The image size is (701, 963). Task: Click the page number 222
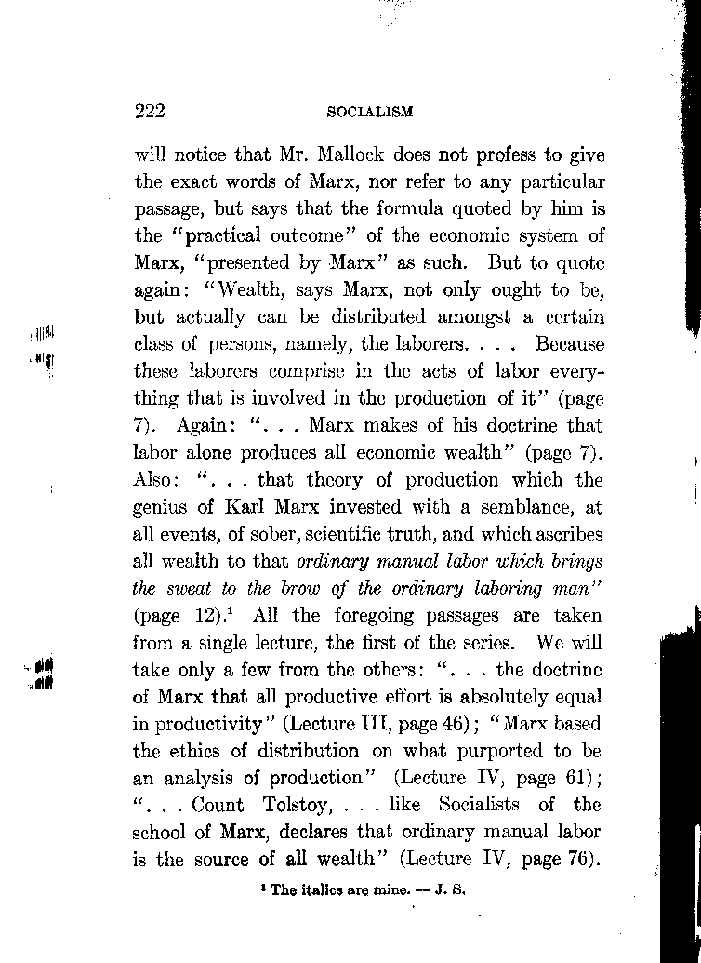point(150,111)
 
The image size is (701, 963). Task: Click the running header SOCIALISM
point(370,112)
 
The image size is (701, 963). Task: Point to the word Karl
point(243,507)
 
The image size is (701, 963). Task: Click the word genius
point(163,508)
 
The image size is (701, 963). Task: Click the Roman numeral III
point(374,723)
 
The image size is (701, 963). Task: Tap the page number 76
point(578,860)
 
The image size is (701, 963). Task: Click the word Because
point(570,344)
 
